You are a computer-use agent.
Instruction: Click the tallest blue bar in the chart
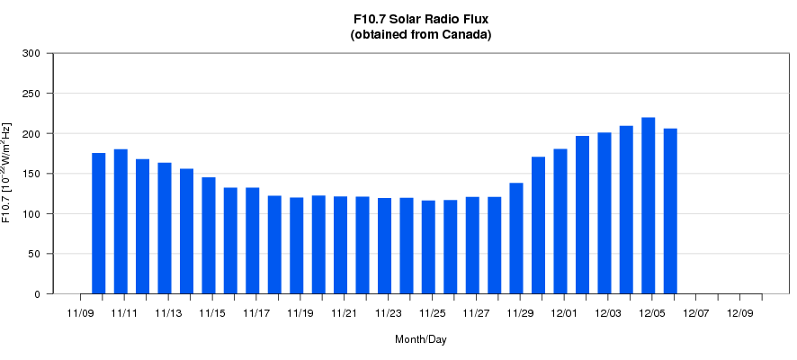point(648,205)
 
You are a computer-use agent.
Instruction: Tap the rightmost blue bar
point(670,211)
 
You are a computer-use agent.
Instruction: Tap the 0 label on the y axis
point(39,294)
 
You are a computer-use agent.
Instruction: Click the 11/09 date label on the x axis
point(80,313)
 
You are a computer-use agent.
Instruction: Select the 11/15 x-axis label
point(212,313)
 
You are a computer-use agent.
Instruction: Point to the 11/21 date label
point(345,313)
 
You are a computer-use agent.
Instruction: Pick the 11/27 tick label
point(477,313)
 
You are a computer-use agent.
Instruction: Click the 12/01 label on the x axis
point(565,313)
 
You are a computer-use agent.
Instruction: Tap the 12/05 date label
point(653,313)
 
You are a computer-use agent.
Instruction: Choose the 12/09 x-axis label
point(740,313)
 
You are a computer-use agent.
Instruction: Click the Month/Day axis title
point(420,339)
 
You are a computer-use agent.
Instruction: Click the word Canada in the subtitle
point(463,35)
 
